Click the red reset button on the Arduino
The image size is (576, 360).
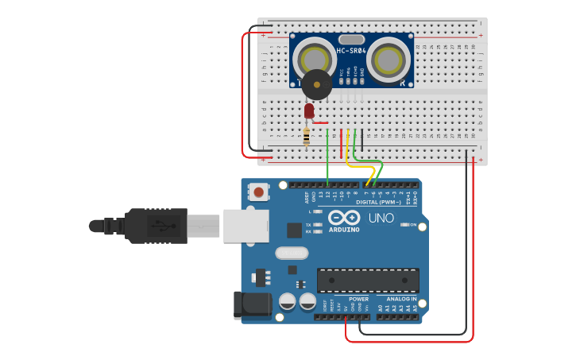tap(259, 192)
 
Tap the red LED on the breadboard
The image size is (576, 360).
tap(309, 111)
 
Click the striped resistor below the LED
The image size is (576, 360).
tap(307, 137)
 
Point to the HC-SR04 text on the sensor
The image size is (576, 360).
tap(350, 51)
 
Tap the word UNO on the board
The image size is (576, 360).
tap(381, 217)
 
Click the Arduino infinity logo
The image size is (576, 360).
tap(344, 217)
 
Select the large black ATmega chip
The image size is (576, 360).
tap(368, 281)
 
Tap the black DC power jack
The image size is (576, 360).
tap(249, 306)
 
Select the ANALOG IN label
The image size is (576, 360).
tap(401, 300)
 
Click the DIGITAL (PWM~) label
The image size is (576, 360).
tap(378, 202)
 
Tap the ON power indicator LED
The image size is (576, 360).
tap(404, 225)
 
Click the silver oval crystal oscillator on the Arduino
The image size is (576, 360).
tap(291, 254)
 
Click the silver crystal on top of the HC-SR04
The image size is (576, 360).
tap(351, 39)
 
